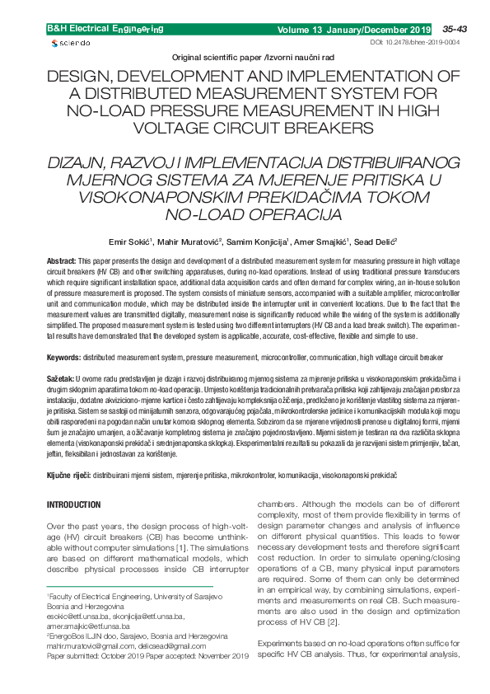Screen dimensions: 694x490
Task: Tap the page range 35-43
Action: (x=454, y=29)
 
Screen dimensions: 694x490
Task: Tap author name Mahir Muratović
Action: (x=189, y=242)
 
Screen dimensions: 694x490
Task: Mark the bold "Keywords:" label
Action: (x=63, y=358)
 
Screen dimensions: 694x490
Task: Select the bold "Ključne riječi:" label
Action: (x=68, y=476)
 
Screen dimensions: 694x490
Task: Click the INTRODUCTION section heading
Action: (x=73, y=504)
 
